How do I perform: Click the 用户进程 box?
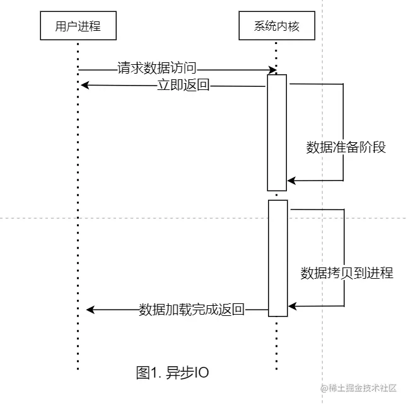[x=78, y=26]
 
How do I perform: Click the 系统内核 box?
[x=276, y=26]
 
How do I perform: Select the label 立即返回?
[x=183, y=86]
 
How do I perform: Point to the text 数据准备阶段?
[x=346, y=148]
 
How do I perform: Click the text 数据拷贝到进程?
[x=347, y=273]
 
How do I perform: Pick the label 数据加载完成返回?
[x=192, y=309]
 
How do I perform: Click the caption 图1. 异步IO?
[x=172, y=373]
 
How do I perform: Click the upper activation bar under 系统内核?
[x=276, y=132]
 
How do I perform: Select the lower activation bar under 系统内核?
[x=277, y=258]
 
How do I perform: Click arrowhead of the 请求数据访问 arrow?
[x=274, y=69]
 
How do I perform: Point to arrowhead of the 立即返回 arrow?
[x=85, y=86]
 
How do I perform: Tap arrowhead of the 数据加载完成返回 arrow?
[x=90, y=309]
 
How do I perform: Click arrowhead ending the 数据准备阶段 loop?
[x=291, y=181]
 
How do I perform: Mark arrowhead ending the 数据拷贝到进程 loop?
[x=292, y=306]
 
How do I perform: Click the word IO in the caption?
[x=200, y=373]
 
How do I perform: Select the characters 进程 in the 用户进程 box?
[x=89, y=26]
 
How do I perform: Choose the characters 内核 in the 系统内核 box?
[x=288, y=26]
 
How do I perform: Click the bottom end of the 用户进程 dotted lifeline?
[x=78, y=369]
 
